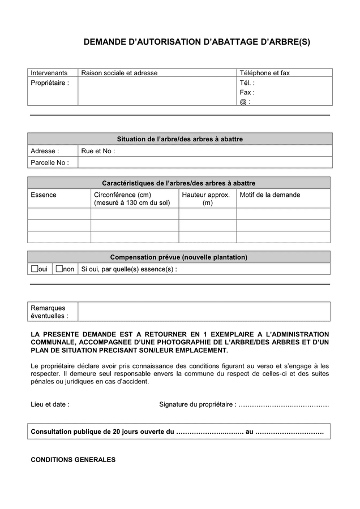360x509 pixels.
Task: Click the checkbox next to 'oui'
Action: point(34,269)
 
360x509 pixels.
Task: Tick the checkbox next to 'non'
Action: point(59,269)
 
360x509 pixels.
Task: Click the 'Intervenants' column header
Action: point(49,73)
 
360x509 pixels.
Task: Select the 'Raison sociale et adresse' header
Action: point(119,73)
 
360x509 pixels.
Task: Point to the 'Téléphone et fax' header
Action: point(264,73)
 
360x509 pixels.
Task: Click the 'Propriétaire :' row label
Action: point(50,83)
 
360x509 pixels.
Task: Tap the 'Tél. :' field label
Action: point(247,83)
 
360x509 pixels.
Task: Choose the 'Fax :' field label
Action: point(247,92)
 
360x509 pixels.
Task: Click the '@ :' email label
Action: point(245,102)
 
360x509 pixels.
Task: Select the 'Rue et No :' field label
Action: point(98,151)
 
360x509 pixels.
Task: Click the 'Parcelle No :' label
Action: point(50,163)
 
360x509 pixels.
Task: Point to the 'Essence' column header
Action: point(44,195)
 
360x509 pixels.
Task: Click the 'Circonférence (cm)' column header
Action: point(122,195)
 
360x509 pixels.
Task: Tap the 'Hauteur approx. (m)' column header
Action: point(207,199)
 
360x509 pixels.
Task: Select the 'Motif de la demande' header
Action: point(270,195)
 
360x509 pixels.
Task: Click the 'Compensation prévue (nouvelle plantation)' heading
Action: point(178,257)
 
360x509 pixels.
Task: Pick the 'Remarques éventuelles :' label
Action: point(49,312)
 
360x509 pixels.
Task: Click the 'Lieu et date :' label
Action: point(50,404)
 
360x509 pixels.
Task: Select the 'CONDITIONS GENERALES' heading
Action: point(73,460)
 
